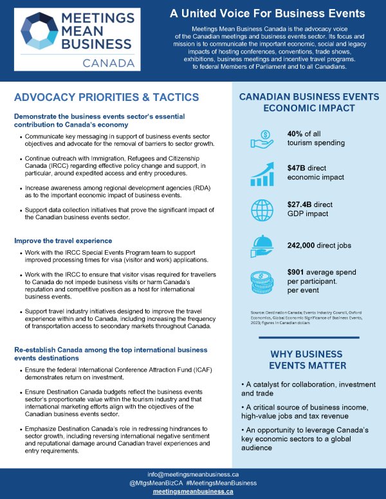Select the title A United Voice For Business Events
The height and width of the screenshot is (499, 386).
pos(267,14)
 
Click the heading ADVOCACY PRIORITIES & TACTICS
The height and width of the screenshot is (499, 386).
pos(106,97)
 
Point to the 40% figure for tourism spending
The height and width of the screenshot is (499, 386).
pos(298,133)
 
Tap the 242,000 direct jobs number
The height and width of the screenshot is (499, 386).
pos(309,245)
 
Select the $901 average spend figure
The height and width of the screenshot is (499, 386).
pos(299,273)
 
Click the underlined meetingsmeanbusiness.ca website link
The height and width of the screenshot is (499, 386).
pos(193,491)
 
